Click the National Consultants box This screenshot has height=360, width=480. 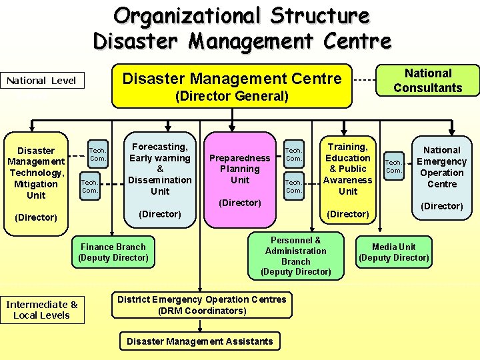(428, 81)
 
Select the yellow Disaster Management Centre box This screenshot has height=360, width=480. (231, 87)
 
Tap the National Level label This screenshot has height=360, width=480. (41, 81)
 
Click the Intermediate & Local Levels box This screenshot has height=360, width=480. (42, 310)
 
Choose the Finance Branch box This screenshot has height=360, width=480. (113, 252)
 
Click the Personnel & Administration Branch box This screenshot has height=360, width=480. (296, 256)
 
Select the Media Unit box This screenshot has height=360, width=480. (393, 252)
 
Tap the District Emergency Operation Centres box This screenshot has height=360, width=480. (201, 305)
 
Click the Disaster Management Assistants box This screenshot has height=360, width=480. (200, 341)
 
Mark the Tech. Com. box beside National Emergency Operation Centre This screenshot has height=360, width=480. (394, 166)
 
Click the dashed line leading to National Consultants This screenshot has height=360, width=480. (364, 80)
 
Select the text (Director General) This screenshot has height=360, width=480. (231, 97)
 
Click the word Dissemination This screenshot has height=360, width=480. (159, 180)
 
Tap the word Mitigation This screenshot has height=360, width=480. (36, 184)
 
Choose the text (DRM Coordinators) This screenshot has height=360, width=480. (201, 311)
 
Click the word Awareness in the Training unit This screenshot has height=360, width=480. (348, 180)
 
